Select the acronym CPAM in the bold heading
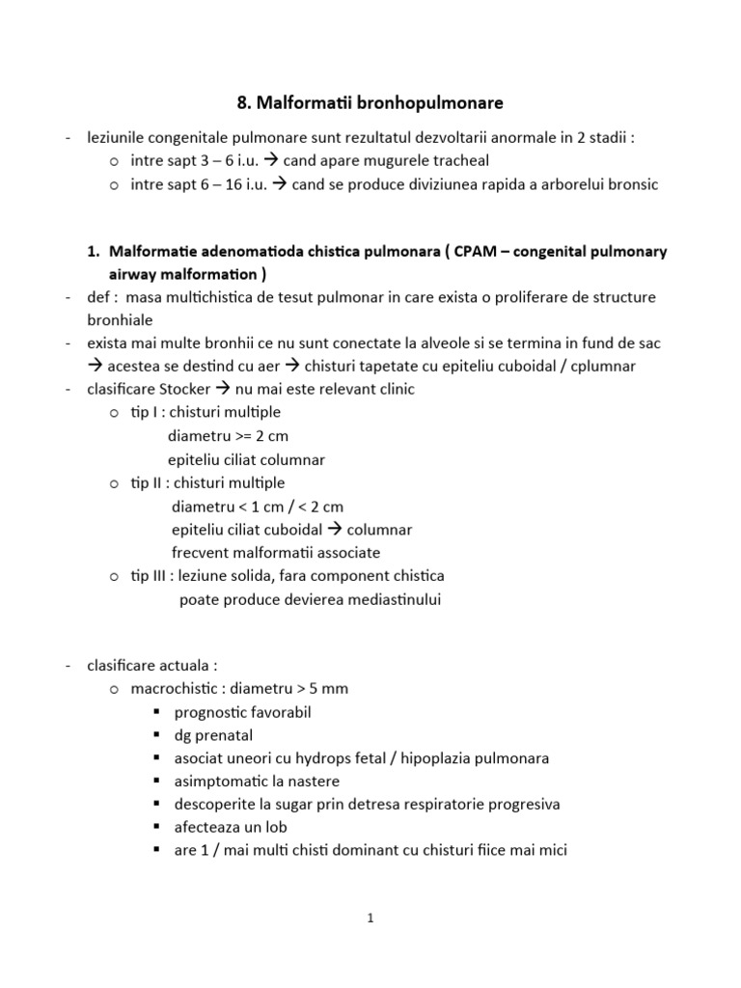click(457, 251)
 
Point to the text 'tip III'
click(150, 575)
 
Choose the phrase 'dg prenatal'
click(213, 735)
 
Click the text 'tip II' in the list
click(148, 482)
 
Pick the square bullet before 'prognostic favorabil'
click(156, 712)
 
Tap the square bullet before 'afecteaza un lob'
click(156, 828)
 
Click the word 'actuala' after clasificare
click(186, 665)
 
